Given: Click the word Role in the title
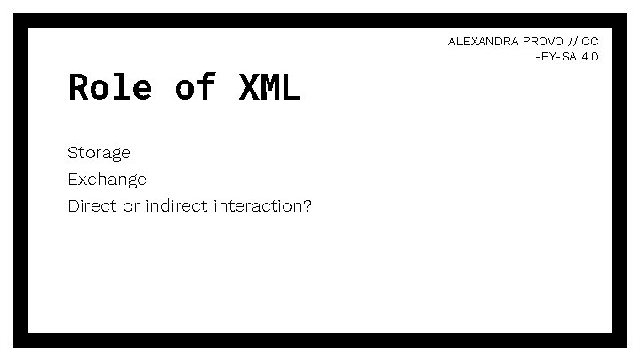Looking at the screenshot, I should [110, 87].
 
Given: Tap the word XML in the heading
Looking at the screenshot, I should [270, 87].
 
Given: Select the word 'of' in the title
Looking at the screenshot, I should [196, 87].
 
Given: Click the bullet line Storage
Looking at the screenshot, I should [99, 153].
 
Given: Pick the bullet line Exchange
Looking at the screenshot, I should [107, 180].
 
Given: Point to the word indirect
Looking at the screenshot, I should [177, 206].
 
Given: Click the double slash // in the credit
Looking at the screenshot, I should [573, 42].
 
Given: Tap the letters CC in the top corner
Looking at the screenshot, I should [591, 42].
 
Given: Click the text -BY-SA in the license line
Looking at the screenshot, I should [556, 56].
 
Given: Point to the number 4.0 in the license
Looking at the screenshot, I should [590, 56].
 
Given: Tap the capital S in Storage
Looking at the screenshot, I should [73, 153].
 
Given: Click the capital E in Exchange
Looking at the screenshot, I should [73, 180].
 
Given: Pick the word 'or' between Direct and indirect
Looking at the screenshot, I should [132, 206].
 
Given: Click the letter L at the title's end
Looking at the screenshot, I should [292, 87].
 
